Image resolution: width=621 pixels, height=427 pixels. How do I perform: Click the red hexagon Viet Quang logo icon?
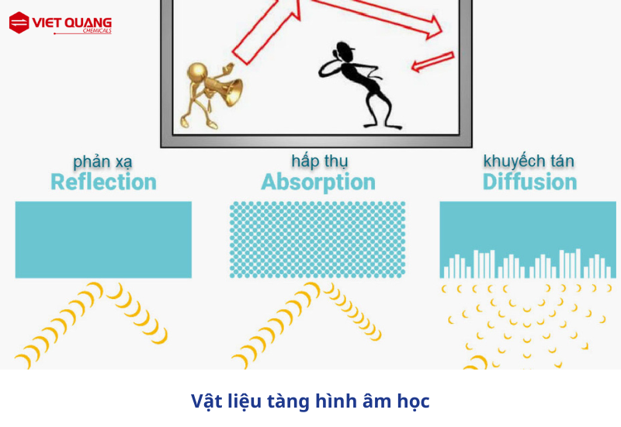(19, 23)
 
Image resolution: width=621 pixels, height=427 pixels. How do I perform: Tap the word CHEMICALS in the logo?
(97, 30)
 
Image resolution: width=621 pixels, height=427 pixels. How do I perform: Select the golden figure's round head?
(197, 72)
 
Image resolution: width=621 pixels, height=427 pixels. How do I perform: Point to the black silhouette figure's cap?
(345, 47)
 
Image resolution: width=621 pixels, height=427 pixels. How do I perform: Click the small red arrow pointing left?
(432, 61)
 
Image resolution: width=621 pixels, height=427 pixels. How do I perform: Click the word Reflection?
(104, 182)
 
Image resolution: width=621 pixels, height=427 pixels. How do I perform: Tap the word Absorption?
(318, 182)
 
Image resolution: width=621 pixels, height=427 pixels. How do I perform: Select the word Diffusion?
(529, 182)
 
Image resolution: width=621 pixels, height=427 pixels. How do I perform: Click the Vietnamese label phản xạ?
(102, 161)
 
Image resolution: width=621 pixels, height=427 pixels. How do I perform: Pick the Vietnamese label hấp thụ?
(320, 161)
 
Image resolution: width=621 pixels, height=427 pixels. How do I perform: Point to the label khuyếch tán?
(529, 161)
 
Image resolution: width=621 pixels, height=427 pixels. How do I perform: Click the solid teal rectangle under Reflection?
(103, 240)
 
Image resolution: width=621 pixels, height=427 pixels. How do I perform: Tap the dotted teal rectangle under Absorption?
(317, 240)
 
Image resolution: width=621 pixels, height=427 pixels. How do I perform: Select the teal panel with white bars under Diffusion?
(528, 240)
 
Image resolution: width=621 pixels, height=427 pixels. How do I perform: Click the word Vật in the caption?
(206, 401)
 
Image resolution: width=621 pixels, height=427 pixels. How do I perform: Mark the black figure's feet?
(383, 127)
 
